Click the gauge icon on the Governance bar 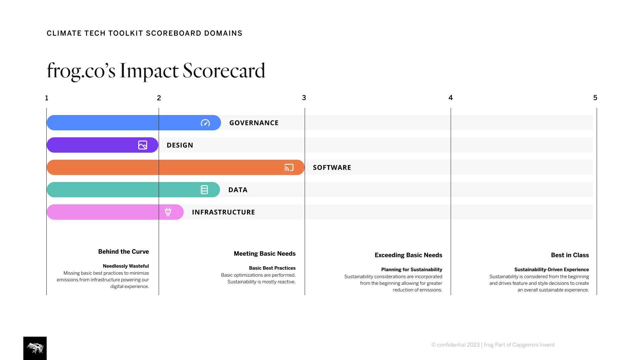click(x=205, y=123)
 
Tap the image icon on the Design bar click(x=143, y=145)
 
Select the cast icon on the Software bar click(x=289, y=167)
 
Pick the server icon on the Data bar click(x=204, y=190)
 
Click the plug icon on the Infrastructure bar click(x=168, y=212)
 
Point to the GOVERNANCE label click(x=254, y=123)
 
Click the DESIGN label click(x=180, y=145)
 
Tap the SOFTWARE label click(x=332, y=168)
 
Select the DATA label click(x=238, y=190)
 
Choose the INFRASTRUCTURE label click(x=224, y=212)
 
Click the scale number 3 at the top click(x=304, y=98)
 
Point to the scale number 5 click(x=595, y=98)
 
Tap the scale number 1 click(x=47, y=98)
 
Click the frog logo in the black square click(x=35, y=348)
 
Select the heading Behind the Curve click(x=124, y=252)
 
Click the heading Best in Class click(x=570, y=255)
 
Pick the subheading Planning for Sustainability click(x=412, y=270)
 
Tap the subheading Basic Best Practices click(x=272, y=268)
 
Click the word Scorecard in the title click(x=224, y=71)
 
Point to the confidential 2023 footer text click(x=455, y=345)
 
